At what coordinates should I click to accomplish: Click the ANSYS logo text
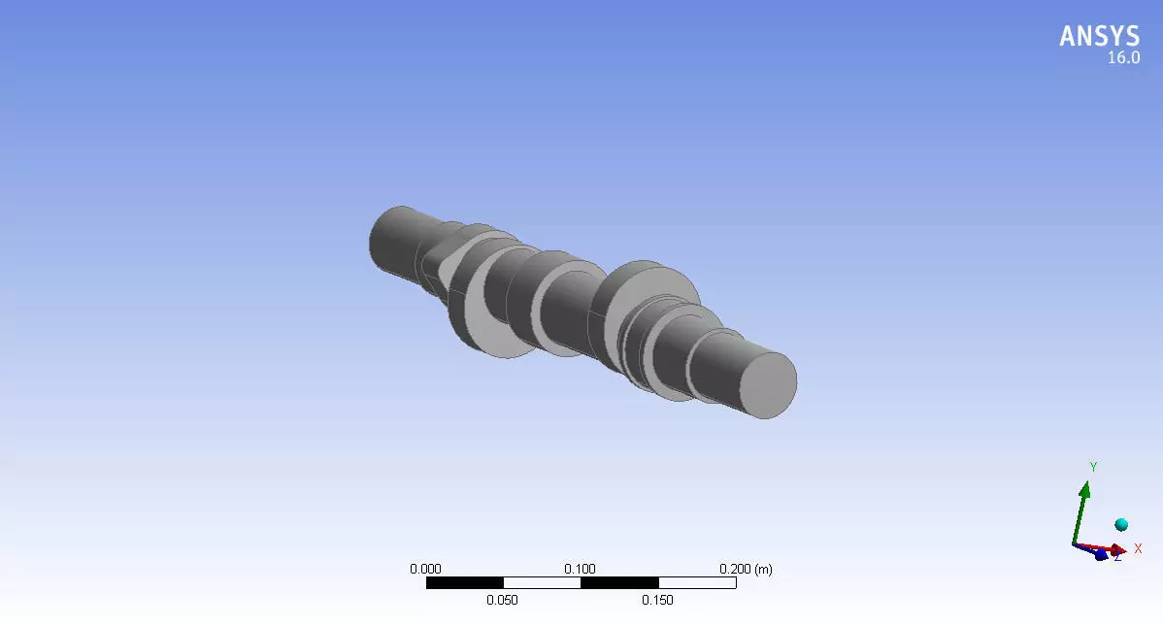pos(1099,36)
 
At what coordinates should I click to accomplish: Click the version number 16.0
pos(1123,58)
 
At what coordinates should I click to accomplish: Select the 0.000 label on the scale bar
pos(426,569)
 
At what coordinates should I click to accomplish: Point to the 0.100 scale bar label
pos(581,569)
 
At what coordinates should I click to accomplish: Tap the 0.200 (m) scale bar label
pos(745,569)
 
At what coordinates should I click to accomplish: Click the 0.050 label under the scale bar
pos(503,600)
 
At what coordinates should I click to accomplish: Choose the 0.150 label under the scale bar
pos(658,600)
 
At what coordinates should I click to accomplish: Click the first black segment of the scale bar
pos(464,583)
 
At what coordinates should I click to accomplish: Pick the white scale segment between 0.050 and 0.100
pos(542,583)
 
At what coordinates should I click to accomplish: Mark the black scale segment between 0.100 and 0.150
pos(619,583)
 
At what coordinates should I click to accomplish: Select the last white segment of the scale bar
pos(697,583)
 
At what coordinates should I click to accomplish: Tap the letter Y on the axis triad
pos(1093,467)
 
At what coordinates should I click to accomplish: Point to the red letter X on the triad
pos(1138,548)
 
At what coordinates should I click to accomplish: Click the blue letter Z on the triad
pos(1117,557)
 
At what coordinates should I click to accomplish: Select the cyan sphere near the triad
pos(1121,524)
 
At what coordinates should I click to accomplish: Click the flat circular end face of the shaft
pos(768,385)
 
